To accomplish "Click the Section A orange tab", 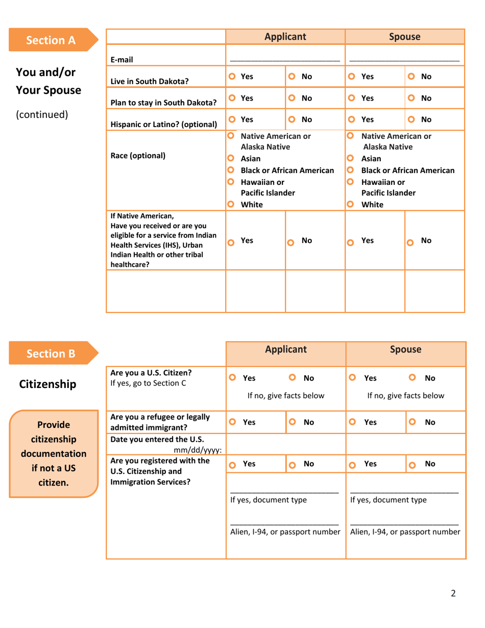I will [51, 40].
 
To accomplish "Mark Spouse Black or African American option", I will [350, 170].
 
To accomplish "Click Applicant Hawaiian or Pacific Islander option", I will [231, 182].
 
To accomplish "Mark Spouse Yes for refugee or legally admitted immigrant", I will [351, 423].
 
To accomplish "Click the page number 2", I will [453, 593].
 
